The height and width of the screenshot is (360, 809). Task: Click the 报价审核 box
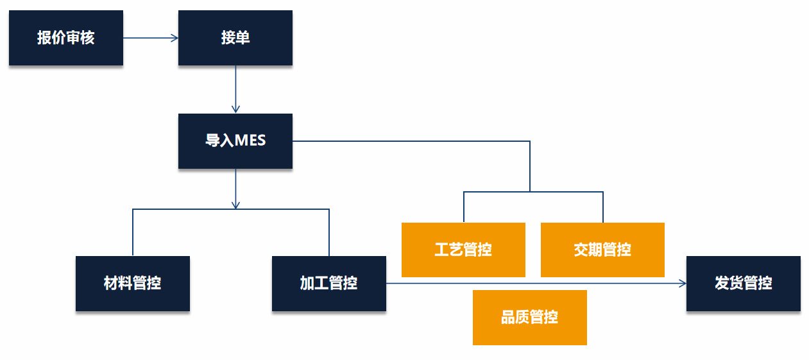pos(65,38)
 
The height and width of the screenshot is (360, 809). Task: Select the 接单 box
pos(235,38)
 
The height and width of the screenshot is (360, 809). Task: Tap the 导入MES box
pos(235,141)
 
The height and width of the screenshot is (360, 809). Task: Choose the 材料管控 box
pos(132,283)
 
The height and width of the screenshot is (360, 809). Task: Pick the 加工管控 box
pos(328,283)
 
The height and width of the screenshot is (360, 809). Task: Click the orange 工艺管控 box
pos(463,250)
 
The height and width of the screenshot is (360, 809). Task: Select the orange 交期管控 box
pos(602,250)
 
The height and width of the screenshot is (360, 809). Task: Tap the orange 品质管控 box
pos(529,317)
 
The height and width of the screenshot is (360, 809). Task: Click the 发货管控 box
pos(743,283)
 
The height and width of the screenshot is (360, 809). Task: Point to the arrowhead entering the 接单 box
pos(174,38)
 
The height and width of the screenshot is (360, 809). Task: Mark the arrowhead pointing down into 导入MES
pos(235,109)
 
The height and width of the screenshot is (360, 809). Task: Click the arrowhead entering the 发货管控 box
pos(682,283)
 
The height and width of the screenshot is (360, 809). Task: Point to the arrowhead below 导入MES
pos(235,205)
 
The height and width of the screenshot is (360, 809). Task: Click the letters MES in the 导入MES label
pos(250,141)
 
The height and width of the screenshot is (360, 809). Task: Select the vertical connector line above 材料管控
pos(133,232)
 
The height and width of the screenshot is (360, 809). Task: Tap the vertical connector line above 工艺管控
pos(464,207)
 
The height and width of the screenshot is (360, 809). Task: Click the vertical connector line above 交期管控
pos(603,207)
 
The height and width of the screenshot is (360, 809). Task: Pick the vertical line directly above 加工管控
pos(329,232)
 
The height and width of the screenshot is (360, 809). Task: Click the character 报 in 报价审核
pos(44,38)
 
